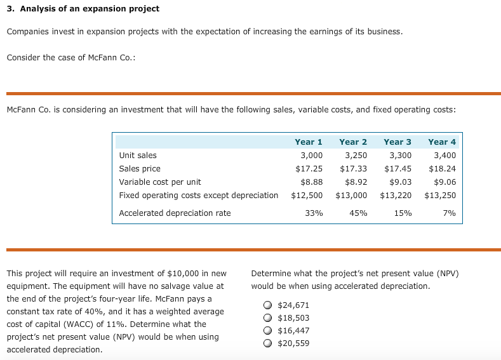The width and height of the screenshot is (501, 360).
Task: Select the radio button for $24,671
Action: (x=268, y=305)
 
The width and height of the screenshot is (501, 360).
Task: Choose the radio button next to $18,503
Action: (x=268, y=318)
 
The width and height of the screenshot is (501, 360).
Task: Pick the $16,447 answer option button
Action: (x=268, y=331)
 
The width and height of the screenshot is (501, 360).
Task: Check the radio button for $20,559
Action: (x=268, y=343)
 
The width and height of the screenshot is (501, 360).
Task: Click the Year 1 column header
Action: (x=309, y=142)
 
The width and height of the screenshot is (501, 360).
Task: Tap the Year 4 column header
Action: (x=442, y=142)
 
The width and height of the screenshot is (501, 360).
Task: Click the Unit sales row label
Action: (x=138, y=155)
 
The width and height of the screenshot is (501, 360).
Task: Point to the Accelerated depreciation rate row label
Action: (x=175, y=213)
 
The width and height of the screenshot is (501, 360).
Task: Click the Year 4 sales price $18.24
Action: (x=443, y=169)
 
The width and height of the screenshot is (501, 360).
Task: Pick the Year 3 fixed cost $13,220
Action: (x=396, y=195)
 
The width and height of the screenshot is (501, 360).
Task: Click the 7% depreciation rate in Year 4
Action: (x=449, y=213)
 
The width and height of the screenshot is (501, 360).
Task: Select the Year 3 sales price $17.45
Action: (x=398, y=169)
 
